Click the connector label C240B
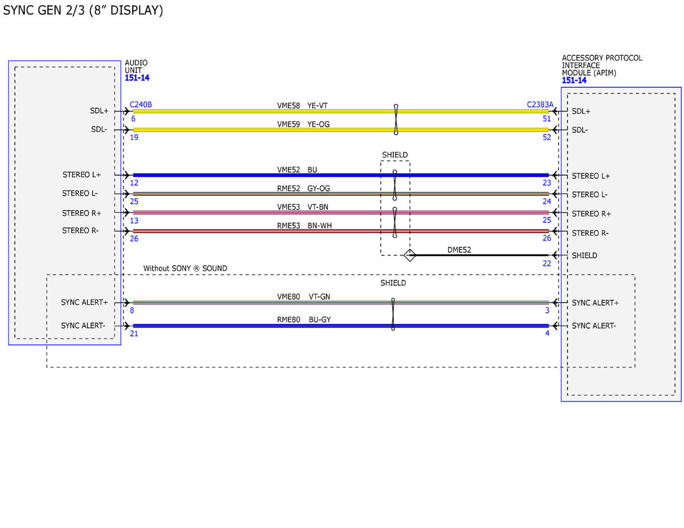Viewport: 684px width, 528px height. click(140, 104)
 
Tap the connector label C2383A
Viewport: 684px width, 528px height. click(540, 104)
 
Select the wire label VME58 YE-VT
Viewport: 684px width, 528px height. click(302, 105)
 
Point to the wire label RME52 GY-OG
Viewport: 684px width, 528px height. click(303, 188)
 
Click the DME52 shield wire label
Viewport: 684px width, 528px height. click(459, 249)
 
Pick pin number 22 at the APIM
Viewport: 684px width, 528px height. click(547, 263)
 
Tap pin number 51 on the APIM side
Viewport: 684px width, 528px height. click(547, 118)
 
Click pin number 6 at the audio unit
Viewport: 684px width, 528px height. click(133, 118)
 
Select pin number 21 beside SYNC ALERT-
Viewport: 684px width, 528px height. click(134, 333)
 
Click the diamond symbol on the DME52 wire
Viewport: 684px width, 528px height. click(409, 255)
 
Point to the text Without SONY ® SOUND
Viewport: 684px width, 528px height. click(185, 268)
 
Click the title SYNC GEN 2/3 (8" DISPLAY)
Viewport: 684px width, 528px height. click(83, 10)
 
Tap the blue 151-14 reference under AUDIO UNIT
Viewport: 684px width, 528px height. click(137, 77)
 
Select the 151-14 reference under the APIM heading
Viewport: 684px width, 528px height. click(574, 80)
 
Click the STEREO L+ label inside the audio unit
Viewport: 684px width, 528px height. click(82, 174)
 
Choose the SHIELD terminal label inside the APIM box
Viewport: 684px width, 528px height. click(584, 255)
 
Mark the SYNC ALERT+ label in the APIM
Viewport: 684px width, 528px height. click(595, 302)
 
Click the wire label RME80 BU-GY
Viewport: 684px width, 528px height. click(304, 320)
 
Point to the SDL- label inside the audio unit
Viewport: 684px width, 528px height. click(99, 129)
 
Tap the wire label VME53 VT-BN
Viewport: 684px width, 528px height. click(302, 207)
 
